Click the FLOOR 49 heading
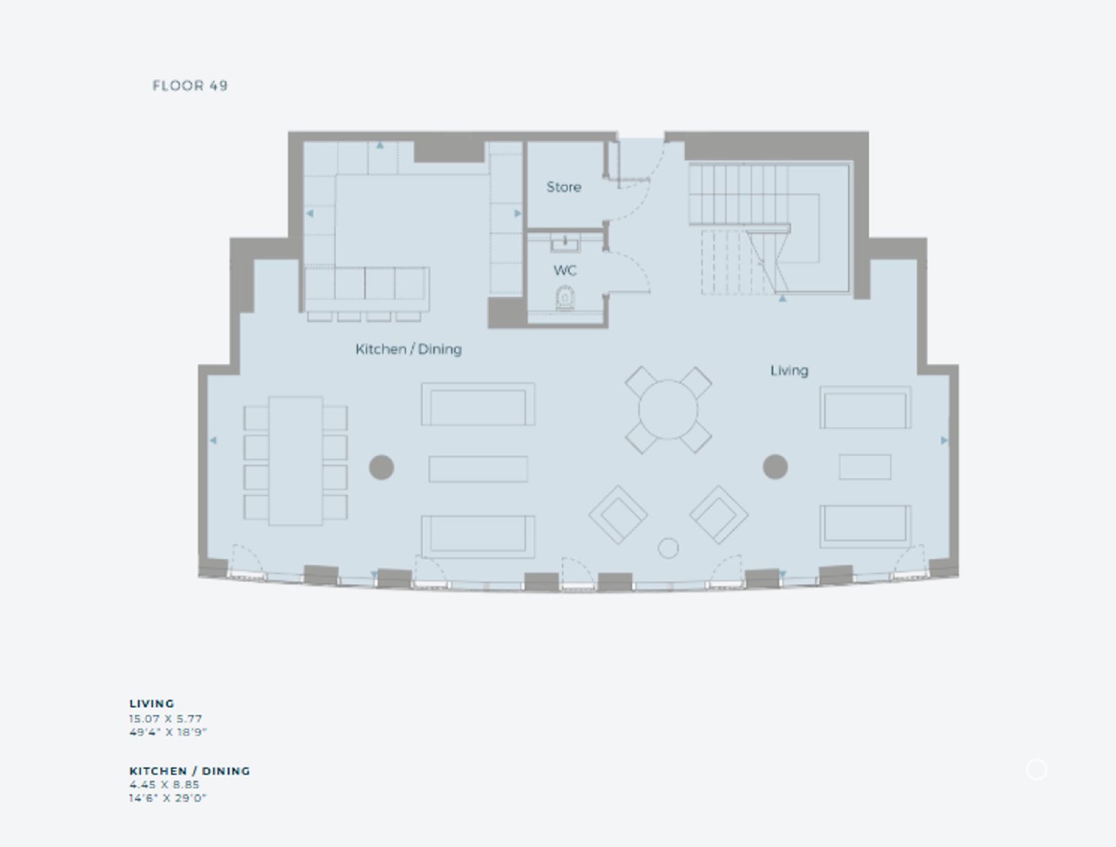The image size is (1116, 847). (x=190, y=85)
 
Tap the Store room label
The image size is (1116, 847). (x=564, y=187)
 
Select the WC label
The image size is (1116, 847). (x=566, y=271)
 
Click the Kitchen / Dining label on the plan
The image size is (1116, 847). (x=409, y=350)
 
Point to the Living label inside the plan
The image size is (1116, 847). (x=789, y=370)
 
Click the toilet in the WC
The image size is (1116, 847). (x=565, y=297)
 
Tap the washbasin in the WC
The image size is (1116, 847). (x=565, y=245)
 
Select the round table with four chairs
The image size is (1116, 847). (x=668, y=410)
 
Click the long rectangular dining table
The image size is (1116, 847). (x=296, y=460)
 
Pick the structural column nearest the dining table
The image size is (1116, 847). (x=382, y=467)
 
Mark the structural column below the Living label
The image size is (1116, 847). (x=776, y=467)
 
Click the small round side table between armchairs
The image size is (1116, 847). (x=668, y=548)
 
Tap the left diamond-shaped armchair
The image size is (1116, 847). (x=618, y=514)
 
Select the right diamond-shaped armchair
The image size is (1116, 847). (x=719, y=514)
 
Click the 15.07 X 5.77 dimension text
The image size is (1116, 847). (x=166, y=719)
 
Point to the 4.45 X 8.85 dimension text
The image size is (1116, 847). (x=164, y=784)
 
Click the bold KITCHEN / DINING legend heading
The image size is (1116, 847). (x=190, y=771)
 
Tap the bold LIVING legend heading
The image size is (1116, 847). (x=152, y=704)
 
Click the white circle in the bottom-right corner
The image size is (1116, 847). (x=1036, y=770)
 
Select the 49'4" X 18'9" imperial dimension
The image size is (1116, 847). (x=168, y=732)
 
